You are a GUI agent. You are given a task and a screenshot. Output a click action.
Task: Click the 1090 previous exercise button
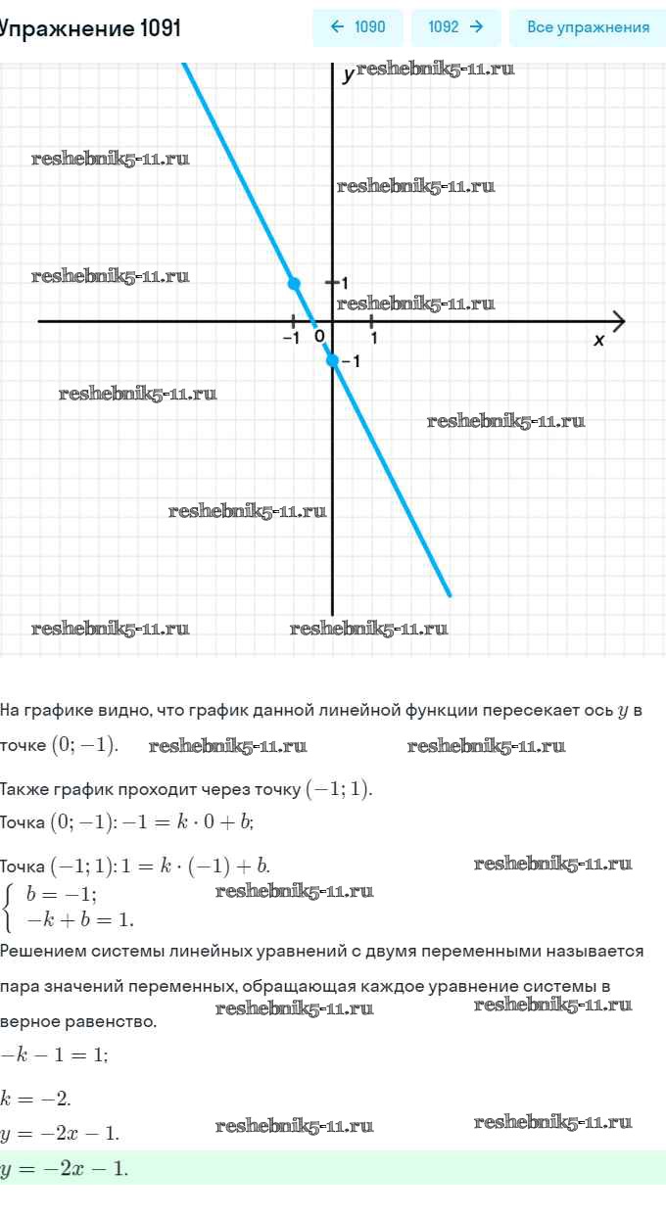click(357, 27)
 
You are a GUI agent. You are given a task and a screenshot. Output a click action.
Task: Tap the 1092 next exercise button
click(455, 27)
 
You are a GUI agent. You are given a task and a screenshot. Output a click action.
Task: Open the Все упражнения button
click(588, 27)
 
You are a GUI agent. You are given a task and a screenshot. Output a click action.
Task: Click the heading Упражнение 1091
click(90, 28)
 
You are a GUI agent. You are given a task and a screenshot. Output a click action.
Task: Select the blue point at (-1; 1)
click(294, 283)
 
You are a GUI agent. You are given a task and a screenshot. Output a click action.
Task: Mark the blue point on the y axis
click(332, 360)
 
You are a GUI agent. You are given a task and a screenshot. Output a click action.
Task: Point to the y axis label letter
click(348, 75)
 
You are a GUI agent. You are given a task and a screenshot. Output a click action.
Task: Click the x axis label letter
click(599, 340)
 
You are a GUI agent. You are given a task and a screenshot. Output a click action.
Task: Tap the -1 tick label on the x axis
click(291, 339)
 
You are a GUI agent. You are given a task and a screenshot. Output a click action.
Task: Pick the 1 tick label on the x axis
click(374, 339)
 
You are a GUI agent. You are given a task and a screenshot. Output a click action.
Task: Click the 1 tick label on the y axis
click(345, 282)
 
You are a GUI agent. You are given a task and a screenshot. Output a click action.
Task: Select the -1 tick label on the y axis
click(351, 361)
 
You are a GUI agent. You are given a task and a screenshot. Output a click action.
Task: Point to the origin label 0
click(319, 338)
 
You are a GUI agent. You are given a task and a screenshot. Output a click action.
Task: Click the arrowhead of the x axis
click(618, 320)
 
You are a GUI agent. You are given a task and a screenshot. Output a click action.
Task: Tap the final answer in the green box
click(65, 1168)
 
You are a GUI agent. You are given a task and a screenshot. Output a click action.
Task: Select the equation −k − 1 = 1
click(55, 1054)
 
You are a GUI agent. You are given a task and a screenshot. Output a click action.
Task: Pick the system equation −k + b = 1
click(80, 919)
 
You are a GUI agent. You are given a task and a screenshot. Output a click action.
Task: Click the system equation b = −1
click(62, 893)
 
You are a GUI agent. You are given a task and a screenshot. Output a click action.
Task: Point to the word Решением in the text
click(40, 951)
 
